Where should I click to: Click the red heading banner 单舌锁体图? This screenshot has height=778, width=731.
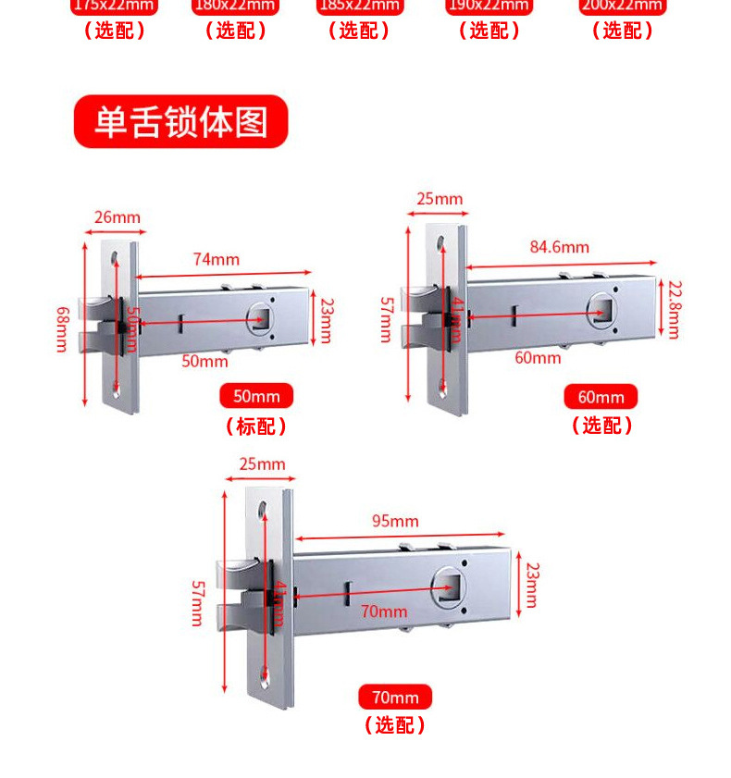click(180, 121)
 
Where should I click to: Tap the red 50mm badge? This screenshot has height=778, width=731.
click(255, 397)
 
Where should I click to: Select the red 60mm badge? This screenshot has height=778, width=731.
click(601, 397)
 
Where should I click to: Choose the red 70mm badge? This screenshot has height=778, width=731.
click(395, 698)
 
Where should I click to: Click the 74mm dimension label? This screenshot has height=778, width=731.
click(216, 259)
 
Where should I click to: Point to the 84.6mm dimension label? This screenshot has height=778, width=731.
click(559, 247)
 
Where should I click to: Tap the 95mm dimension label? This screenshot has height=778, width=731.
click(395, 521)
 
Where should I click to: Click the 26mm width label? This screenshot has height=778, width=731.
click(118, 218)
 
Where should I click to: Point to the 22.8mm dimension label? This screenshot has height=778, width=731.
click(674, 310)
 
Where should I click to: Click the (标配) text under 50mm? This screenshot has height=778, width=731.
click(255, 426)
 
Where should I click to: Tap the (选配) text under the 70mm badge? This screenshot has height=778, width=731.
click(395, 725)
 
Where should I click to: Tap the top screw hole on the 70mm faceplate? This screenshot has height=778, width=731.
click(266, 510)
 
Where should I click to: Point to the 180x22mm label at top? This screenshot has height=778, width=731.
click(235, 6)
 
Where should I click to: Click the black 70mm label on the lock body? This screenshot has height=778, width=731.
click(383, 611)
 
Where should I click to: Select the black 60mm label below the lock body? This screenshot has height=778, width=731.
click(538, 358)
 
